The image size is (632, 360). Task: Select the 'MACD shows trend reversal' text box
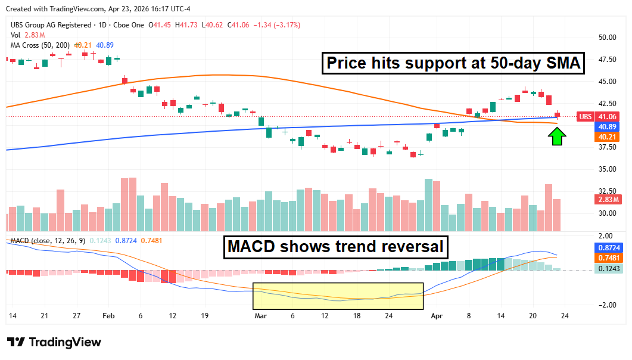pos(336,247)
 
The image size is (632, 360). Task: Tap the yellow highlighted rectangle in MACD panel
pos(338,296)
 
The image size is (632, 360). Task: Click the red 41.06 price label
pos(608,116)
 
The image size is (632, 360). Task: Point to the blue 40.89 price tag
pos(608,127)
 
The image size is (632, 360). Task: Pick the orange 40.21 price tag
pos(608,137)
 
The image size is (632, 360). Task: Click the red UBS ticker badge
pos(586,116)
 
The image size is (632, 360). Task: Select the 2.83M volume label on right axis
pos(608,199)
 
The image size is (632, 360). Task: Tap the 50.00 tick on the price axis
pos(607,37)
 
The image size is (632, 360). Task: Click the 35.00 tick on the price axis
pos(607,169)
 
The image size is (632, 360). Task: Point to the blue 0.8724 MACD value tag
pos(608,247)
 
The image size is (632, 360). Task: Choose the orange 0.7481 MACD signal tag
pos(608,257)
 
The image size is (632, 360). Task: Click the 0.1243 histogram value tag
pos(608,269)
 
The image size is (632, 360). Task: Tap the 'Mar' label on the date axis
pos(260,316)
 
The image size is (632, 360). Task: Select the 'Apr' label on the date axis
pos(437,316)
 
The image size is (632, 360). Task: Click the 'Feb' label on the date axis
pos(108,316)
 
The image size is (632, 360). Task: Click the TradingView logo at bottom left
pos(54,342)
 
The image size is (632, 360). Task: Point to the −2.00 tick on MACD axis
pos(607,305)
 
